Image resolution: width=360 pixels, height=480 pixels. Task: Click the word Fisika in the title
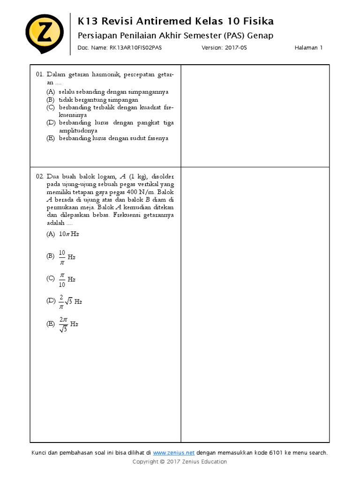[x=258, y=21]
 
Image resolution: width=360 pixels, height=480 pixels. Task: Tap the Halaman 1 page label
[x=308, y=48]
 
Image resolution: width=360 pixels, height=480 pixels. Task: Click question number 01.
[x=40, y=75]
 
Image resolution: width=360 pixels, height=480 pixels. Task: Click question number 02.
[x=40, y=176]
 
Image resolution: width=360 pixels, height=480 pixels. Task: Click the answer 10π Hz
[x=69, y=234]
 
